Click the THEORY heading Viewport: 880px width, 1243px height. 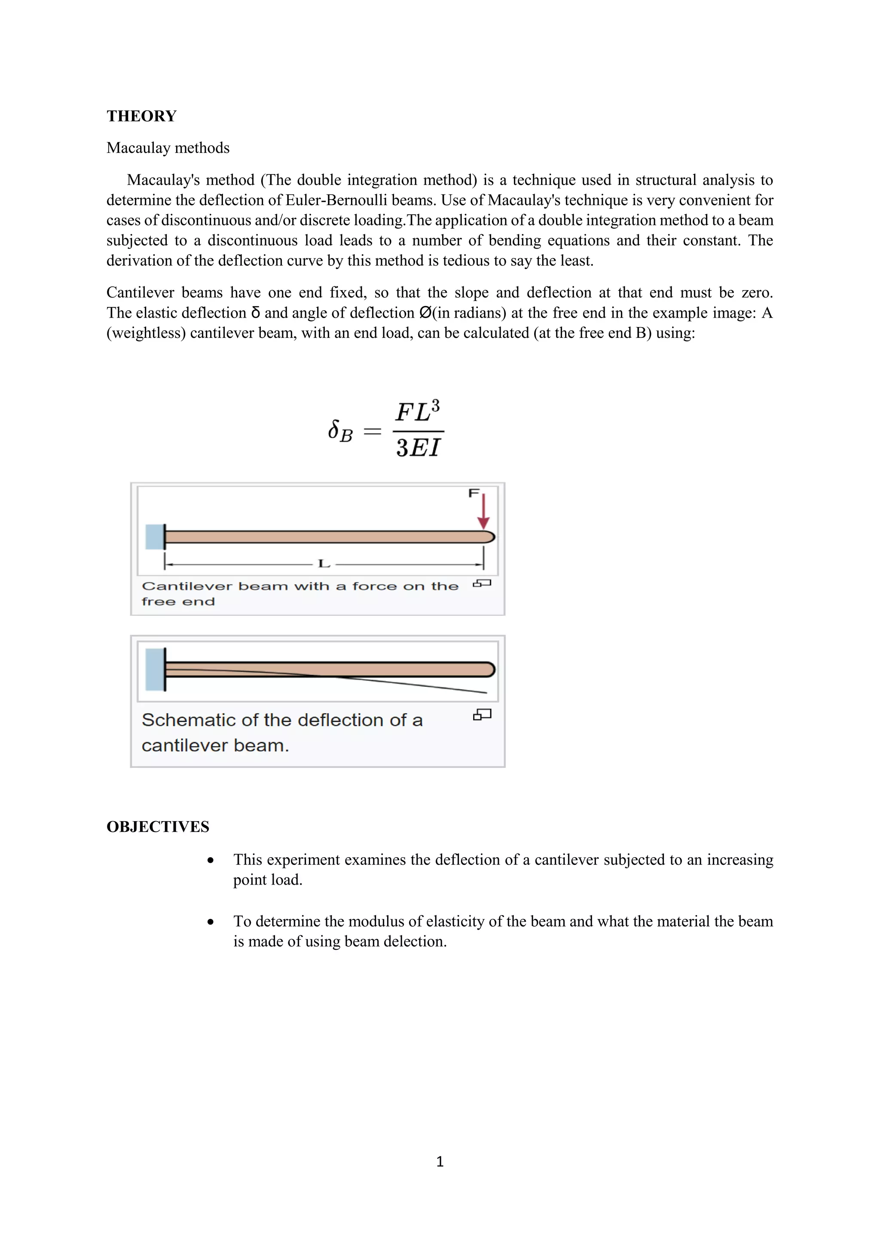141,116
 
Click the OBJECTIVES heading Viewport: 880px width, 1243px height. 158,827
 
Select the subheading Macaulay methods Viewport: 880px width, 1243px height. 168,148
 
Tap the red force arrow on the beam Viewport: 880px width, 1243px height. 483,512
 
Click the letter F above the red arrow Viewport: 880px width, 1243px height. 474,493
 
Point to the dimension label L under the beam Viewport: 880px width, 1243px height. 324,564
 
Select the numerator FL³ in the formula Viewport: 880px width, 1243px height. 417,412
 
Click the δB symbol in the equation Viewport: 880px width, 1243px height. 340,431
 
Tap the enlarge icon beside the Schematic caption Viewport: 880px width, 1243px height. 482,715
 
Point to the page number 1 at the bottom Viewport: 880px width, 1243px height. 440,1161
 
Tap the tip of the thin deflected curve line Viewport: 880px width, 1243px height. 486,692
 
